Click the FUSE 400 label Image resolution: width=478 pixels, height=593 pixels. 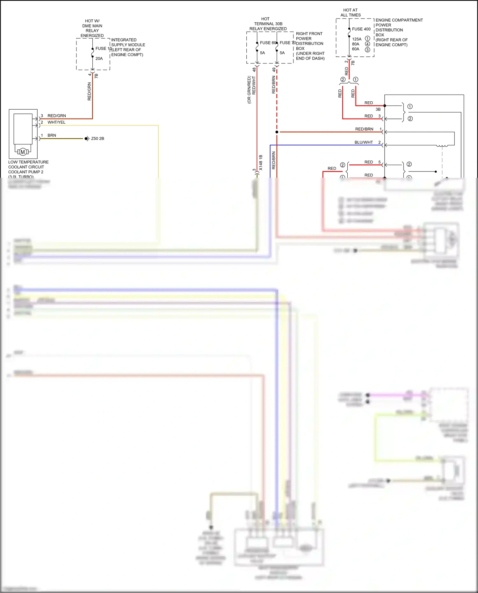point(361,29)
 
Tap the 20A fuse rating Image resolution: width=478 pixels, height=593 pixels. point(99,59)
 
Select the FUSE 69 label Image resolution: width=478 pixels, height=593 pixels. point(268,43)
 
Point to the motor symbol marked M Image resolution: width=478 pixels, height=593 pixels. point(23,152)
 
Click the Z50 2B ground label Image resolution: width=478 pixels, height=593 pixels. point(98,139)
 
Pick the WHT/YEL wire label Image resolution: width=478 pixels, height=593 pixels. point(56,122)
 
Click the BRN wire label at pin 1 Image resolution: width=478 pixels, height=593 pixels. point(52,135)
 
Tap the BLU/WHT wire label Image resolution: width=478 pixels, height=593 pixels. point(364,142)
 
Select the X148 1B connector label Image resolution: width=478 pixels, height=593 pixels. point(261,163)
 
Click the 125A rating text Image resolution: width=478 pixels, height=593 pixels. point(357,39)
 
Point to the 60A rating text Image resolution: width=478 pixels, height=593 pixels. point(356,49)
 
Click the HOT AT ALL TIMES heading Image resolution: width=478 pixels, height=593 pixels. point(351,12)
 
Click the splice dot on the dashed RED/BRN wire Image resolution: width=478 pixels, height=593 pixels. point(277,132)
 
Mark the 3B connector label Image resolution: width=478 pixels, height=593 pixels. point(378,109)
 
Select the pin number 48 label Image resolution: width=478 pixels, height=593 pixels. point(254,69)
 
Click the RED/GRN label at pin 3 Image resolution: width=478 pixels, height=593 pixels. point(57,116)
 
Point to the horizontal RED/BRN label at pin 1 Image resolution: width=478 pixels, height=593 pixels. point(364,129)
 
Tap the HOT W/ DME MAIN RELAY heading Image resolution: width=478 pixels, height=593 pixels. point(92,28)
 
